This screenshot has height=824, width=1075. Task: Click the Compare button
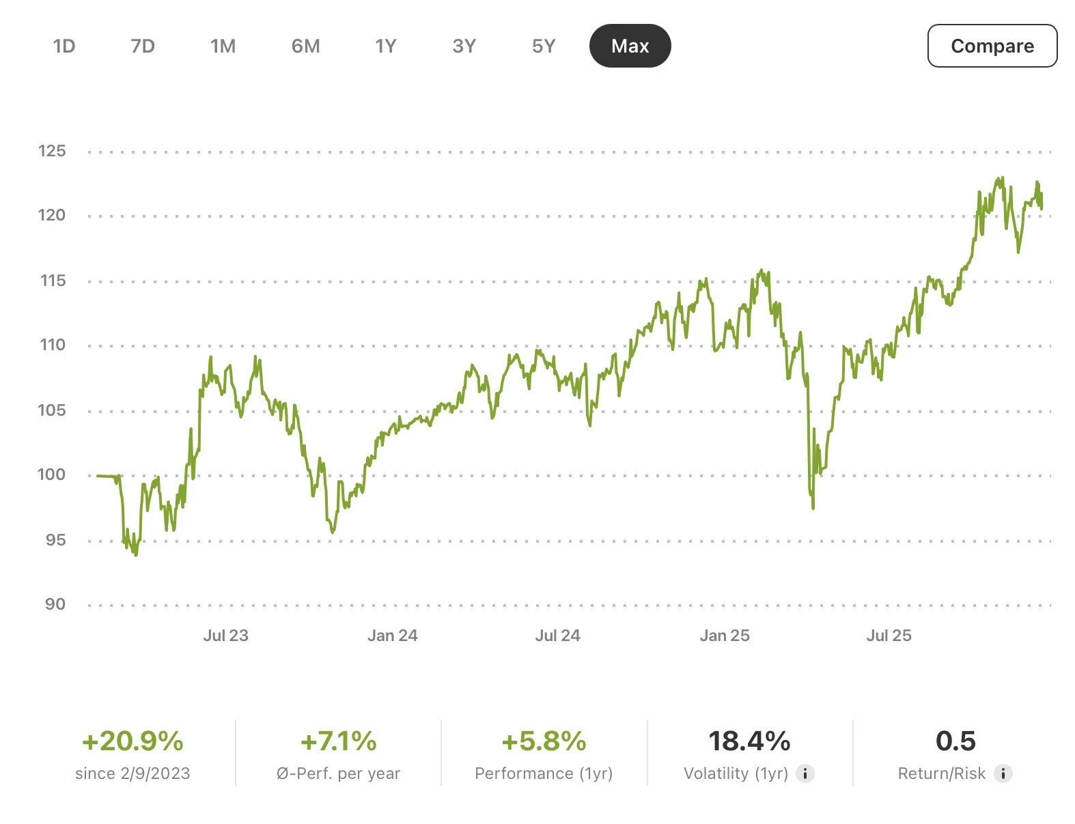[x=992, y=46]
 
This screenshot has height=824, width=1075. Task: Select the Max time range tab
[x=630, y=46]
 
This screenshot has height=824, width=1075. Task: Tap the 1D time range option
[x=64, y=46]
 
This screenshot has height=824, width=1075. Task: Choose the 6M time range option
[x=305, y=46]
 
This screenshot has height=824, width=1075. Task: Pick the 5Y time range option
[x=544, y=46]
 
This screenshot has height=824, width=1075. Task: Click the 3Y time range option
[x=464, y=46]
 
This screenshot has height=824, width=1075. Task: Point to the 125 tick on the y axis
[x=52, y=151]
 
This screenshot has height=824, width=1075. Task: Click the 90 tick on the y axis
[x=55, y=604]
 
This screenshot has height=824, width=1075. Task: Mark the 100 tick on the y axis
[x=52, y=474]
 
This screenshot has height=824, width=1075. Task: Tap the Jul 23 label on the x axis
[x=225, y=636]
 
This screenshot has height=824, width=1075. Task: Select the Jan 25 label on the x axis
[x=724, y=636]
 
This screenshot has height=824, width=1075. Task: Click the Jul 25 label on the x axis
[x=889, y=636]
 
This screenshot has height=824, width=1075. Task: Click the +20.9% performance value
[x=132, y=741]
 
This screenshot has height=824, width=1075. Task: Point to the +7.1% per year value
[x=339, y=741]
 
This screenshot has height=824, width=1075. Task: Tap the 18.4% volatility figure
[x=749, y=741]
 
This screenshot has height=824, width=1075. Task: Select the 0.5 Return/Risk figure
[x=955, y=741]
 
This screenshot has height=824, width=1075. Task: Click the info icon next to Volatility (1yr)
[x=805, y=773]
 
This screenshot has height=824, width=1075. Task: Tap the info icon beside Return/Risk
[x=1003, y=773]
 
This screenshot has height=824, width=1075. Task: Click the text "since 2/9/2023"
[x=132, y=773]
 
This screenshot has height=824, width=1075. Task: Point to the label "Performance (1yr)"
[x=544, y=773]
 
